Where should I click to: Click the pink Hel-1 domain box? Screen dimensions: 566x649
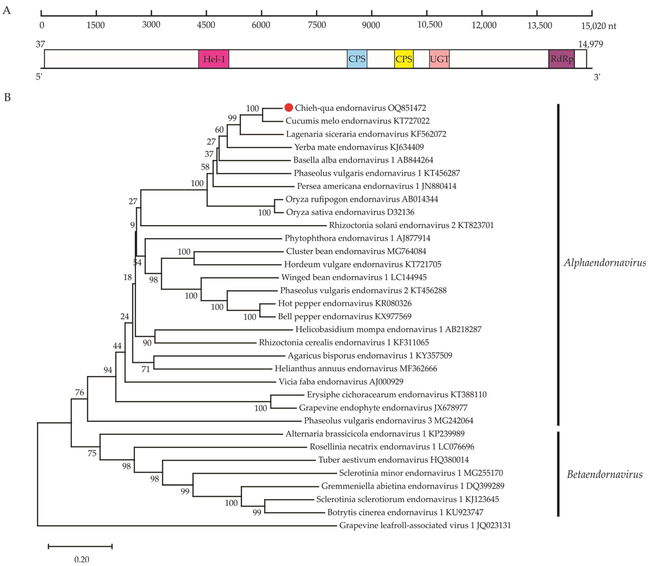(x=214, y=59)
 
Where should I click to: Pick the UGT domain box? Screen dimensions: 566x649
(x=439, y=59)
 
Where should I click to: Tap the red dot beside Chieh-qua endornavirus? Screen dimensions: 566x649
(x=288, y=108)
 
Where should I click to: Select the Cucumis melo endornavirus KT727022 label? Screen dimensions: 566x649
(x=357, y=121)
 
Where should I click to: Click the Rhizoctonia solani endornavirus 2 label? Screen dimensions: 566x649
(x=411, y=225)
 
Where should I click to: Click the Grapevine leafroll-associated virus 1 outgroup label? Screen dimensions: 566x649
(x=425, y=525)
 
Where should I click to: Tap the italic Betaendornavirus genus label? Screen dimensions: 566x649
(x=604, y=474)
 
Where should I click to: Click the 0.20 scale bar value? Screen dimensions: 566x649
(x=82, y=559)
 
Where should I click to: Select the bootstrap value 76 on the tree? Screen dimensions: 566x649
(x=80, y=392)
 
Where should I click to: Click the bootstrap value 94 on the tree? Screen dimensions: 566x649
(x=108, y=370)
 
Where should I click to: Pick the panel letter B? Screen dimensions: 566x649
(x=8, y=98)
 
